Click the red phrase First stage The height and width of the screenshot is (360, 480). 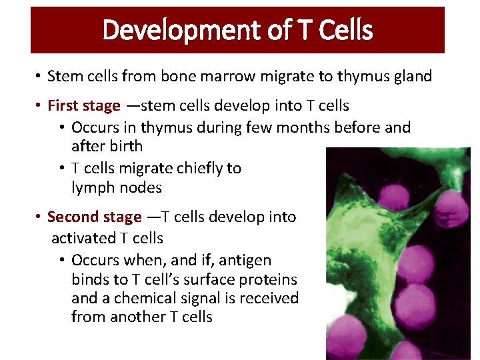84,106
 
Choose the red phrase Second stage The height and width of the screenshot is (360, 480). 94,217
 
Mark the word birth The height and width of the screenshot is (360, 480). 125,146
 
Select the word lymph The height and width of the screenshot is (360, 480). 93,187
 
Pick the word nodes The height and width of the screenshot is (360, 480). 140,187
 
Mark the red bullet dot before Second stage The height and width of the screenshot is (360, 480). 39,217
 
